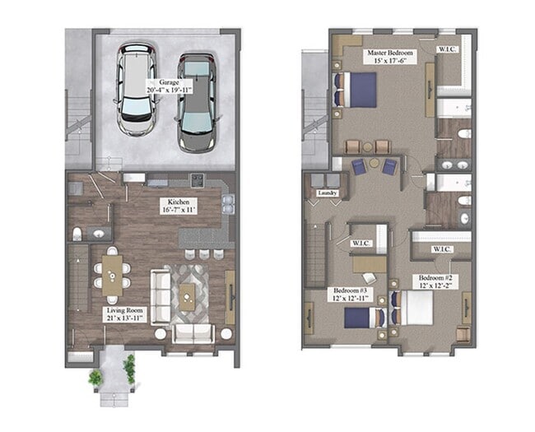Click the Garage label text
170,82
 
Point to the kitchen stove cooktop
198,180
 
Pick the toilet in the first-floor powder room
77,235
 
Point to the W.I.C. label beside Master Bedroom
448,49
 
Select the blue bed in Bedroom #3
366,316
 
